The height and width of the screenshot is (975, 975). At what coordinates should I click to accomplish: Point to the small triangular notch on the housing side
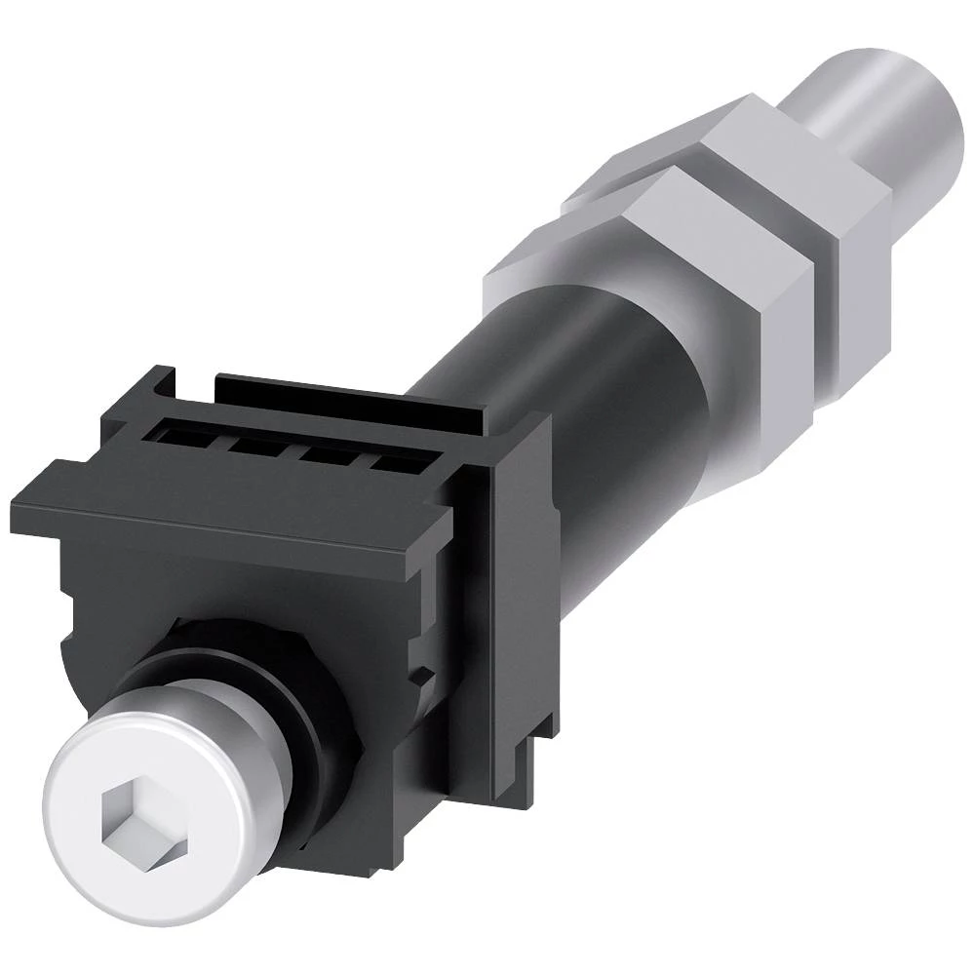tap(421, 673)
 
